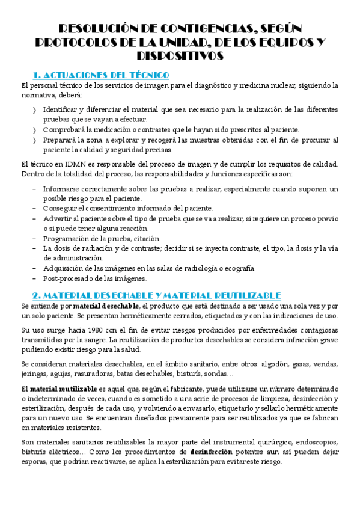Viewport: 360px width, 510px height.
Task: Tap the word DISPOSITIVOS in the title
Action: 180,56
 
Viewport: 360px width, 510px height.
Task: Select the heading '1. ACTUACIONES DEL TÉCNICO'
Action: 100,75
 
